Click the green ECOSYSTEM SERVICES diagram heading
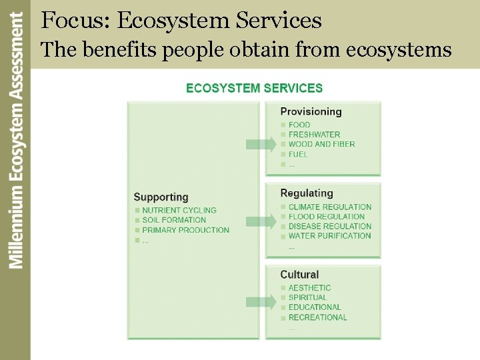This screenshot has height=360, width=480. tap(254, 88)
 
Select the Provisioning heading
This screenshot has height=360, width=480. tap(311, 112)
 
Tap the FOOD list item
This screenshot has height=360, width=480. tap(299, 125)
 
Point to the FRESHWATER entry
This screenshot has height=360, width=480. tap(314, 135)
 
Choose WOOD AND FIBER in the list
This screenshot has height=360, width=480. tap(321, 144)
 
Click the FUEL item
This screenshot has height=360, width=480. tap(298, 154)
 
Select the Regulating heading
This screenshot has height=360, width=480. tap(307, 193)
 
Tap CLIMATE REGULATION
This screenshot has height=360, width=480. tap(329, 207)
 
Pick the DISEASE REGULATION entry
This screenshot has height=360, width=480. tap(329, 226)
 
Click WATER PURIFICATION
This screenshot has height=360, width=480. tap(329, 236)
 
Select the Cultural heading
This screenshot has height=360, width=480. tap(299, 275)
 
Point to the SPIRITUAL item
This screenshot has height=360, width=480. tap(307, 297)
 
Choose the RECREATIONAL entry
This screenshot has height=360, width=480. tap(317, 317)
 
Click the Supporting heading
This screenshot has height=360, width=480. tap(161, 197)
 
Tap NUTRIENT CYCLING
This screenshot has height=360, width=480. tap(179, 211)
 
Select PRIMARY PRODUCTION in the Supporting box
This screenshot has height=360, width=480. tap(185, 230)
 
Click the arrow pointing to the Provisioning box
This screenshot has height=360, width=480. tap(261, 144)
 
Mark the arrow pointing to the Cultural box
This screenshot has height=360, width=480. tap(261, 302)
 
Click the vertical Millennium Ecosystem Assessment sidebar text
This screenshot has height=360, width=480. tap(16, 141)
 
